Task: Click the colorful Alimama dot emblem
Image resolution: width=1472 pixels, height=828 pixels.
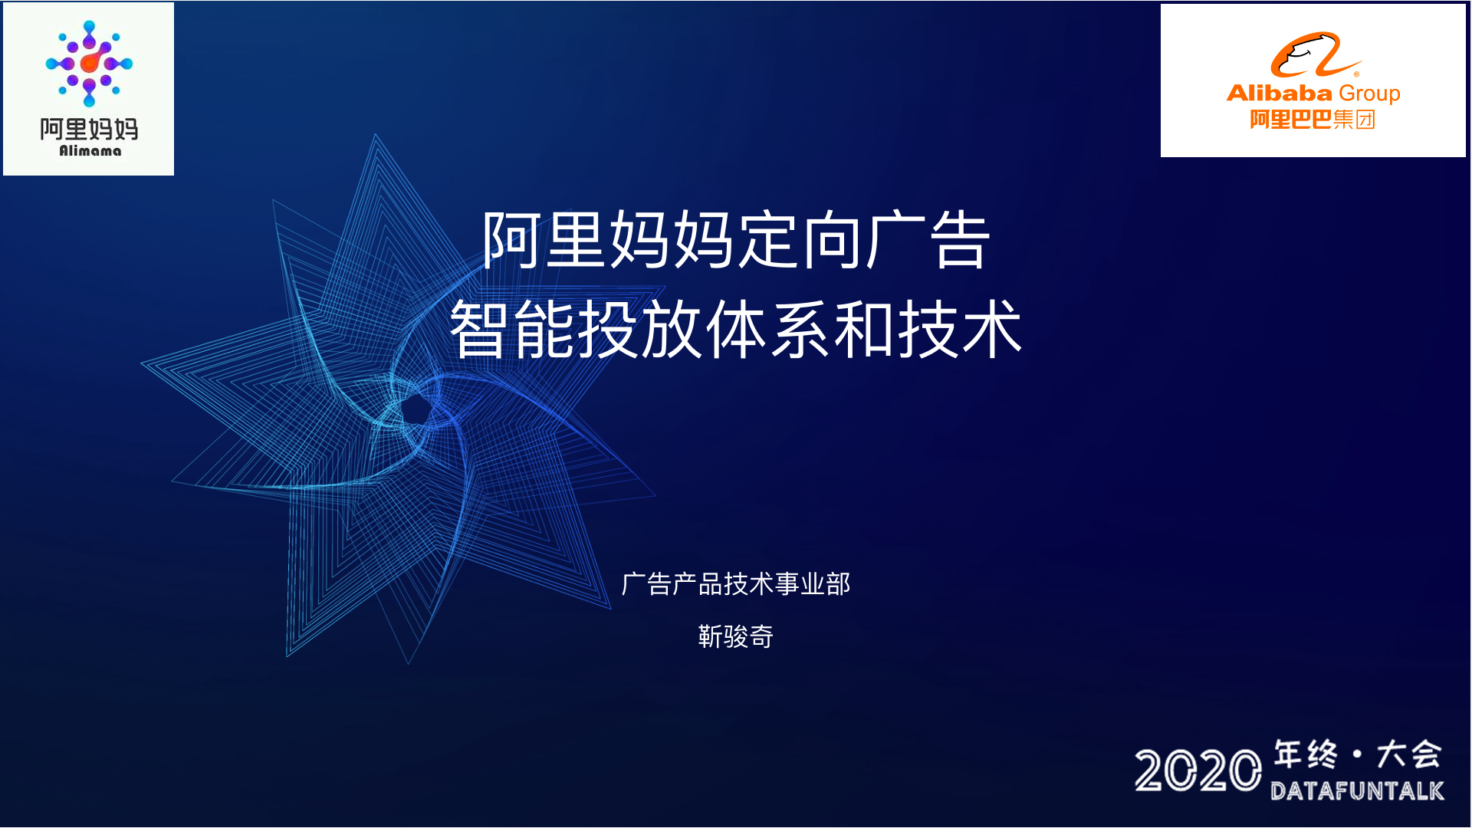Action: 89,64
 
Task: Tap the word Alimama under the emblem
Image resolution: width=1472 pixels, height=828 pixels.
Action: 90,151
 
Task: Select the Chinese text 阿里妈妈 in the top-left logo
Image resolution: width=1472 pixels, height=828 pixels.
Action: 89,129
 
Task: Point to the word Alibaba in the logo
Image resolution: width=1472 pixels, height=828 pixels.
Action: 1280,93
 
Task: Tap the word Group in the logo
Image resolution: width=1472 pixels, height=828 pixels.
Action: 1369,94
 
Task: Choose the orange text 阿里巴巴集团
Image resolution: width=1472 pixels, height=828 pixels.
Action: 1313,120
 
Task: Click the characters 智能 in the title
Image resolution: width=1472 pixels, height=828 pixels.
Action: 512,330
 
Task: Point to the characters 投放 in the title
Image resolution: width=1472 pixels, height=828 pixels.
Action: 639,330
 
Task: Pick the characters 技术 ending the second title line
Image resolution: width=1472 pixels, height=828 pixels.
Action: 960,330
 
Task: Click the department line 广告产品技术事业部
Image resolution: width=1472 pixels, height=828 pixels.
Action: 736,584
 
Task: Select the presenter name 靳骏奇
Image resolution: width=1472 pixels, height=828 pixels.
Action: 736,636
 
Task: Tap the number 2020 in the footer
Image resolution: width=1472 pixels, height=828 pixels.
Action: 1198,770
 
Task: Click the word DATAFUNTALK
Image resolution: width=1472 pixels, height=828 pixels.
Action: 1357,790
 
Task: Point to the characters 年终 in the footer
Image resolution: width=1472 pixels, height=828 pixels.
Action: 1306,754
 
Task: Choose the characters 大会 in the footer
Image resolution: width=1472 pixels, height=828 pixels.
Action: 1409,754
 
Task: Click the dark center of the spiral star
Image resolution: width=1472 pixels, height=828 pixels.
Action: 416,409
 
